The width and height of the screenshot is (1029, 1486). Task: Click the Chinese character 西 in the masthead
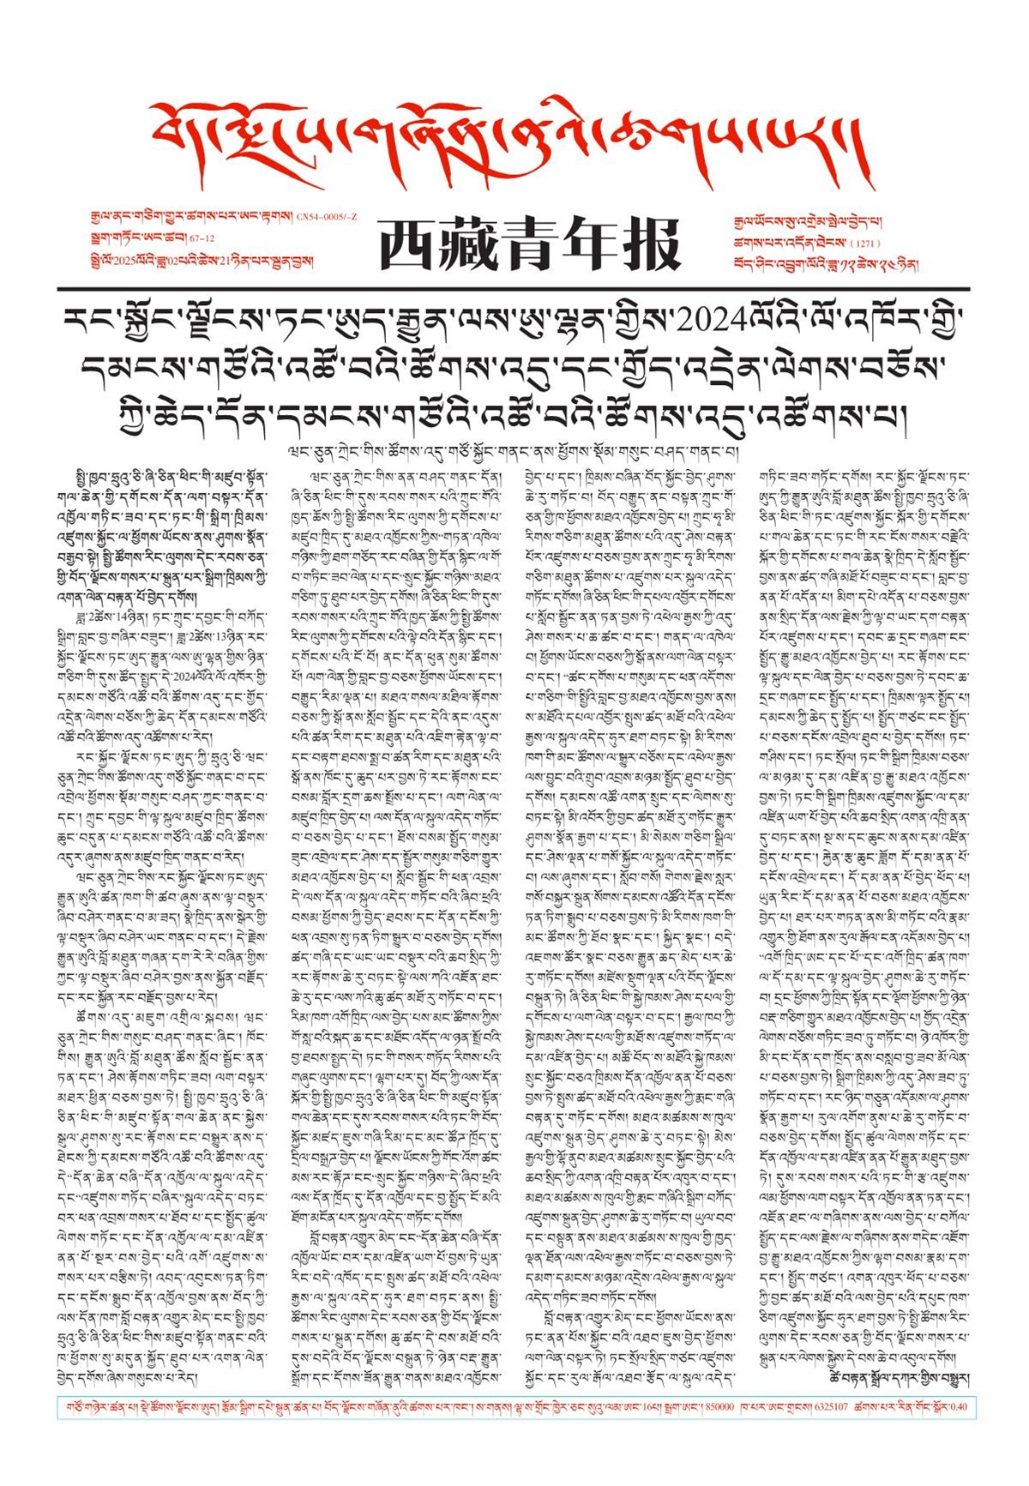coord(408,245)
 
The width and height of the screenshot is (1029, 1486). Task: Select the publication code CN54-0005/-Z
coord(327,219)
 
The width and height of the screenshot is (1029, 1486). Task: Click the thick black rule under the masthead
coord(514,288)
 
